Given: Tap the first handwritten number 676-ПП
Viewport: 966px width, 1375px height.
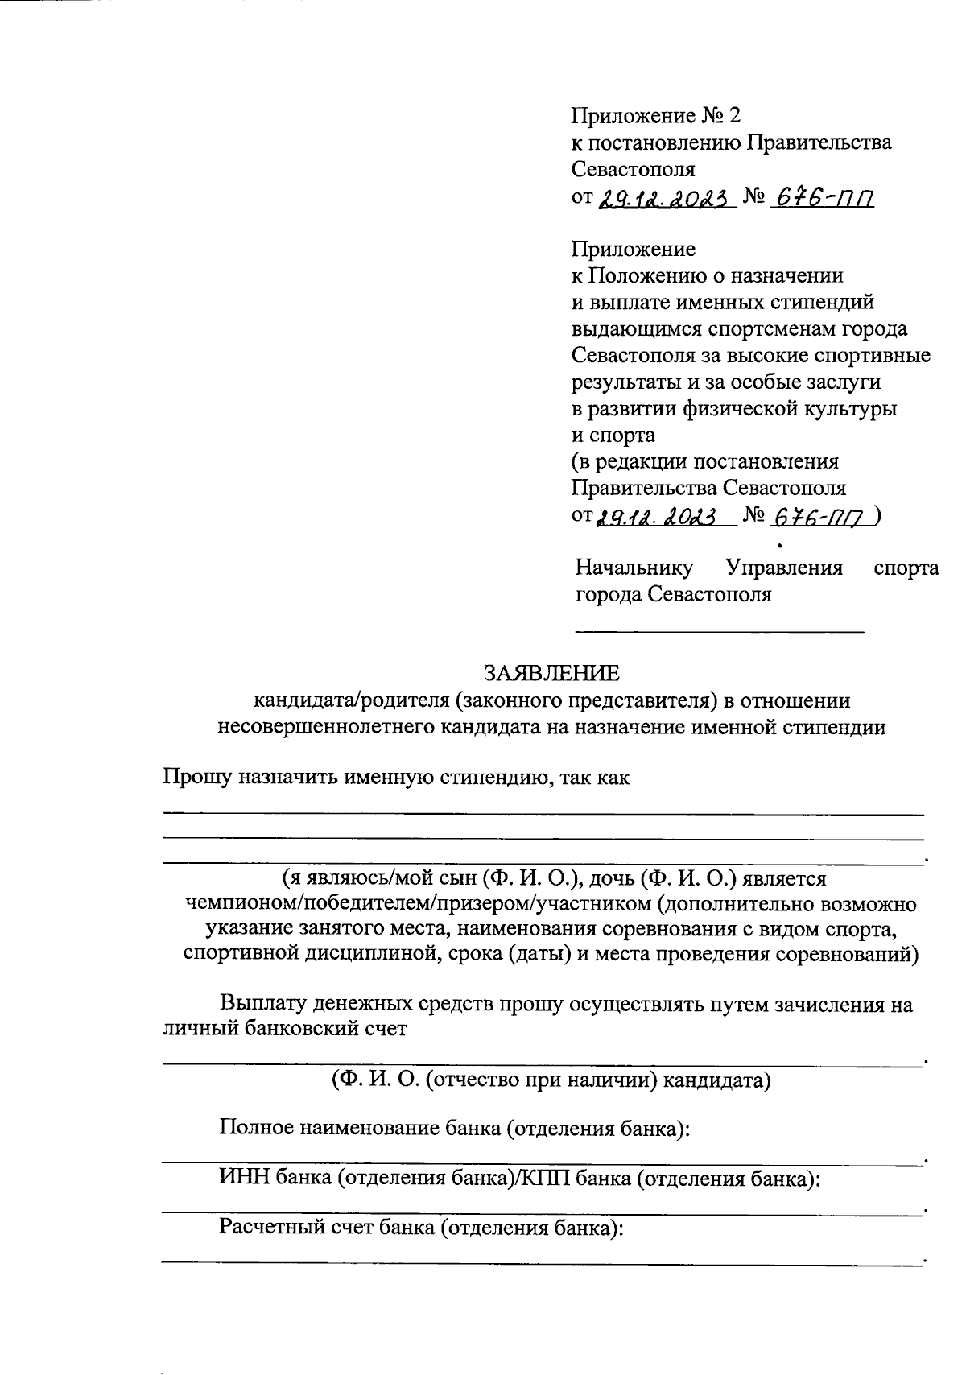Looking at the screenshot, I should coord(822,198).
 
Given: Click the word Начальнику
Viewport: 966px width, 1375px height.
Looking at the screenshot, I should coord(634,568).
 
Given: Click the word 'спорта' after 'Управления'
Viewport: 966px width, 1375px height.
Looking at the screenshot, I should coord(906,568).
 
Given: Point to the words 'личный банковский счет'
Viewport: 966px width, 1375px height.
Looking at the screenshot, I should coord(284,1028).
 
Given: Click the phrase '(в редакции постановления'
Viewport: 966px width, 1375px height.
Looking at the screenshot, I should coord(704,462).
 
